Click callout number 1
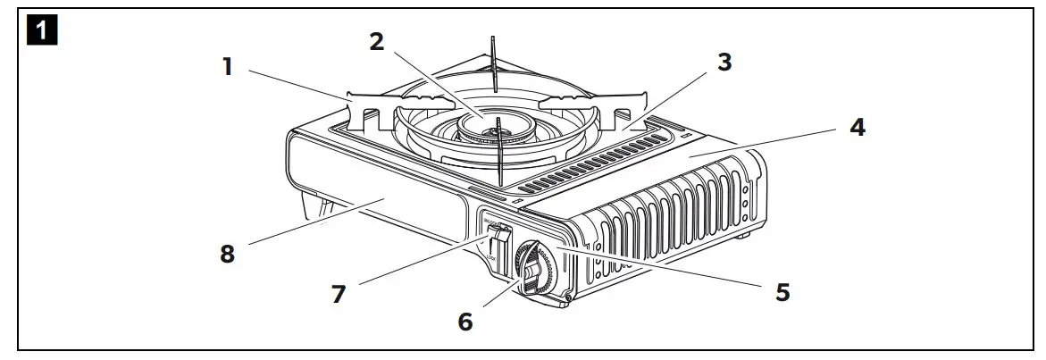[228, 67]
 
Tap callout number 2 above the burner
[377, 42]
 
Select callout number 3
[725, 63]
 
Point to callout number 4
[857, 128]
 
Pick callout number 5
[782, 292]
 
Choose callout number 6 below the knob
[465, 321]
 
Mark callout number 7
[339, 293]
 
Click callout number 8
[228, 254]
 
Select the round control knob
[534, 268]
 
